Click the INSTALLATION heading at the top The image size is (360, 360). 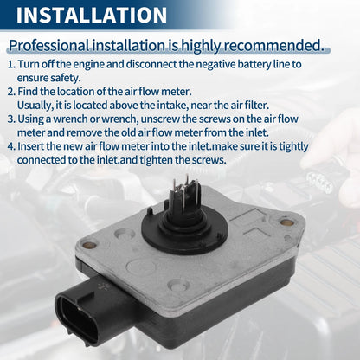point(92,15)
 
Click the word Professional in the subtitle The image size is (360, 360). point(48,46)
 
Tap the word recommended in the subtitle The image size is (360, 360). point(273,45)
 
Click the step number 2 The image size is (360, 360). point(11,92)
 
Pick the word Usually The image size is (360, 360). point(35,106)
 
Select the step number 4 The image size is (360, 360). point(11,146)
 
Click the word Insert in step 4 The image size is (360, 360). point(30,146)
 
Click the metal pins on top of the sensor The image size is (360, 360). point(186,189)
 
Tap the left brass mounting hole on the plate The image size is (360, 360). point(89,245)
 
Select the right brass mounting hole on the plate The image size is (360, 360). point(286,222)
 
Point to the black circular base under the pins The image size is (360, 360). point(185,232)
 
